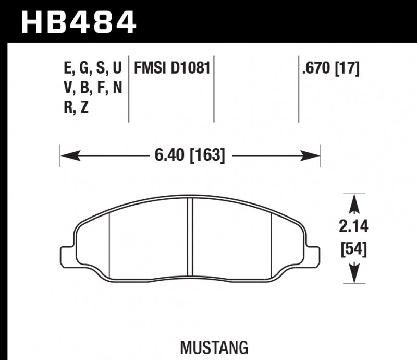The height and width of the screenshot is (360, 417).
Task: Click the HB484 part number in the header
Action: (78, 22)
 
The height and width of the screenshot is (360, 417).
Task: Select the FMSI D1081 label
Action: (171, 68)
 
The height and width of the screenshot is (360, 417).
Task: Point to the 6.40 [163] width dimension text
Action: (190, 155)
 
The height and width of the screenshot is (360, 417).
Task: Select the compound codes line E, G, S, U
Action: (92, 68)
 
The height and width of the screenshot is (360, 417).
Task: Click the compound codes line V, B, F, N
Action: (92, 88)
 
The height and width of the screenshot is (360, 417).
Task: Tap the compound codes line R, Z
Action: (77, 109)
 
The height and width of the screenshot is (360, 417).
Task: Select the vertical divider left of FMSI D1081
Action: (129, 89)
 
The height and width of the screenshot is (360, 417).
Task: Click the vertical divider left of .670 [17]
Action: (299, 89)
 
